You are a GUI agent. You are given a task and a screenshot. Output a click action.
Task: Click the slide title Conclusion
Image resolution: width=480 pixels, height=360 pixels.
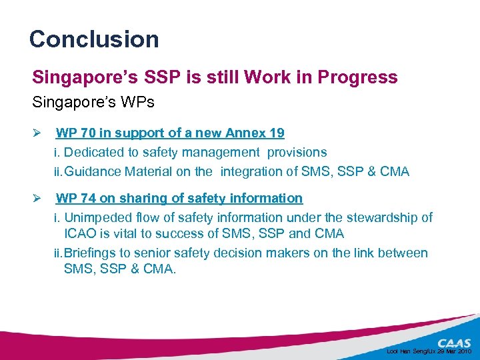coord(94,39)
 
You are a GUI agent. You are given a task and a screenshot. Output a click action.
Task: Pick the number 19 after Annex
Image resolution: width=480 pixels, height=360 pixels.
coord(276,133)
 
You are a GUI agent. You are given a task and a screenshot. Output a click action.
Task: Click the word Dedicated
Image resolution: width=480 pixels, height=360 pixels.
coord(91,152)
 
